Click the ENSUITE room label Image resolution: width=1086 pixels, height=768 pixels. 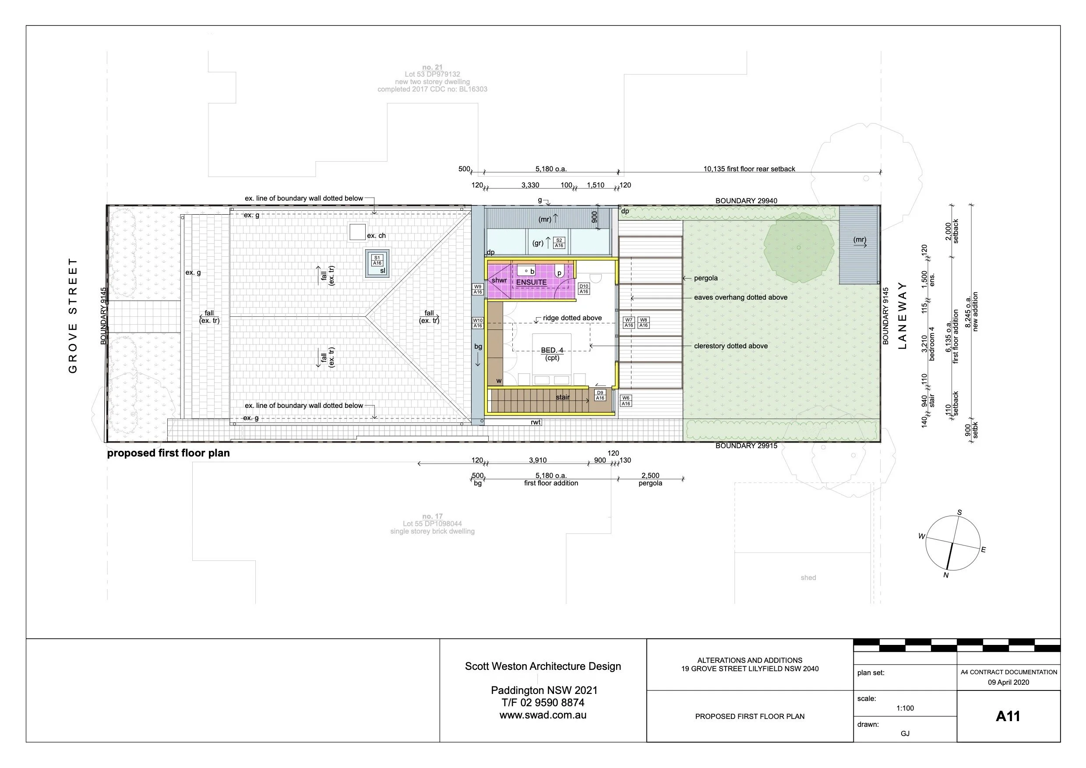(x=531, y=283)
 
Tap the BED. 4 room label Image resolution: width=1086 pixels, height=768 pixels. (x=552, y=350)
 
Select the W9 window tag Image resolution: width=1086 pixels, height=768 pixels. (x=478, y=289)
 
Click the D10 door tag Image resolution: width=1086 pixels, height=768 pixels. (x=584, y=289)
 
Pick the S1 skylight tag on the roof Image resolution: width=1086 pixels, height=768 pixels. (x=377, y=260)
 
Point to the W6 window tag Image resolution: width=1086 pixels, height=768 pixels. (x=625, y=401)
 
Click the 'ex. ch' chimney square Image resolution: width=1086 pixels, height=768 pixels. (x=357, y=232)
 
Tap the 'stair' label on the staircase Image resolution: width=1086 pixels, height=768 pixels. (x=562, y=397)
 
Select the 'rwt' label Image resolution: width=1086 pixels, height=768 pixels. (x=536, y=422)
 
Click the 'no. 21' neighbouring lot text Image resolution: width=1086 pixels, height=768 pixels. (x=432, y=67)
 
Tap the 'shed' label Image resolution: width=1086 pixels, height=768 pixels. (x=808, y=578)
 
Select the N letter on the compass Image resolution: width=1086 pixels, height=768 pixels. (x=945, y=575)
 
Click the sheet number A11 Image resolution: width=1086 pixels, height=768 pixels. (x=1008, y=716)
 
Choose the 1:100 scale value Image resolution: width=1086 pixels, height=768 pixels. (x=905, y=708)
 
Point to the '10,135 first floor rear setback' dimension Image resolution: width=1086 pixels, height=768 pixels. (x=749, y=169)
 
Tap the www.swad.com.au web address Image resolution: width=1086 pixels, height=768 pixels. (x=543, y=715)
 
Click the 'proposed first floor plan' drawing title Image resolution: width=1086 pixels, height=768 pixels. (x=169, y=453)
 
